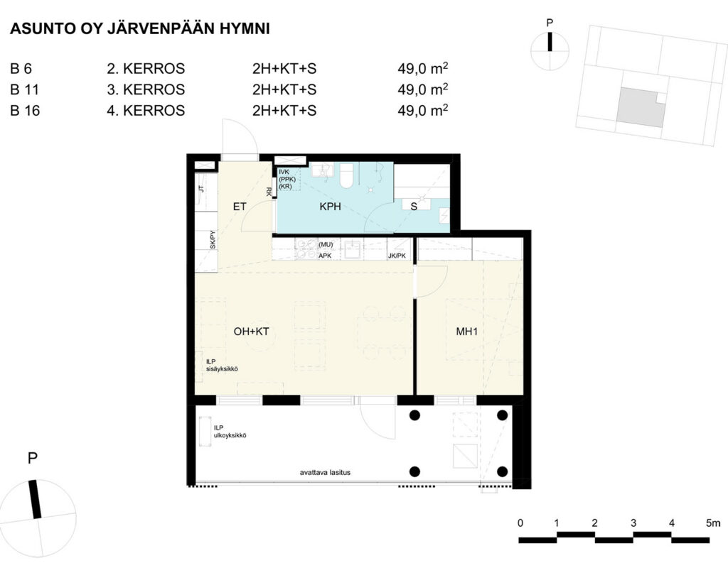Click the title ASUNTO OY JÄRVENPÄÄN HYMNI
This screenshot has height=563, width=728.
tap(140, 28)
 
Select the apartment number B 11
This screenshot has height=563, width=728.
tap(25, 89)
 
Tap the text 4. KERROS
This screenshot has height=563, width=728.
tap(146, 110)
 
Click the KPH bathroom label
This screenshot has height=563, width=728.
tap(330, 207)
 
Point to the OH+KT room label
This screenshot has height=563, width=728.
tap(251, 331)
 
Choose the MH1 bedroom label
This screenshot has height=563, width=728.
tap(466, 331)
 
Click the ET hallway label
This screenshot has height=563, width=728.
tap(240, 207)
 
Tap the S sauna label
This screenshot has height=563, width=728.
tap(414, 207)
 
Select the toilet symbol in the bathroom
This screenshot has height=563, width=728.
tap(346, 175)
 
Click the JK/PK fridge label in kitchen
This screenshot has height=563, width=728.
tap(397, 256)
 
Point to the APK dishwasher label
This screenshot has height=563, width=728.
tap(325, 256)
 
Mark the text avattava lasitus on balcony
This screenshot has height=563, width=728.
tap(325, 473)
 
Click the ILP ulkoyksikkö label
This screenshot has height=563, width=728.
tap(230, 432)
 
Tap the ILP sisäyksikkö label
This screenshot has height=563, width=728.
tap(222, 366)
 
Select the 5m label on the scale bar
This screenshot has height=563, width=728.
tap(713, 523)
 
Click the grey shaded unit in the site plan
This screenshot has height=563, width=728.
tap(637, 107)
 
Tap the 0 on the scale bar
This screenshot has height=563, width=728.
tap(520, 523)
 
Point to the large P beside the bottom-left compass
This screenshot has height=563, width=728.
tap(33, 458)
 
